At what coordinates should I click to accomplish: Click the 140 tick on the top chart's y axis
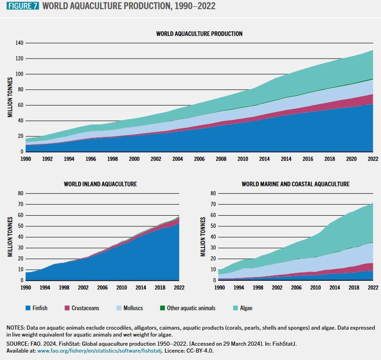[19, 43]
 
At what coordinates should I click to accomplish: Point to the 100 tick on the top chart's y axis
[19, 74]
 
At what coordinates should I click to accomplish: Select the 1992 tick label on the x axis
[47, 159]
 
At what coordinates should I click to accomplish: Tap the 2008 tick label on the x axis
[221, 159]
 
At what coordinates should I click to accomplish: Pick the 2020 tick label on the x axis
[351, 159]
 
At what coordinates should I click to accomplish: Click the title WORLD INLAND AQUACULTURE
[100, 184]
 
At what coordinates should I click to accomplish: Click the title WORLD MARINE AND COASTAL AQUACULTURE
[295, 184]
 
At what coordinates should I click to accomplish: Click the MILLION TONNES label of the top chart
[10, 97]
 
